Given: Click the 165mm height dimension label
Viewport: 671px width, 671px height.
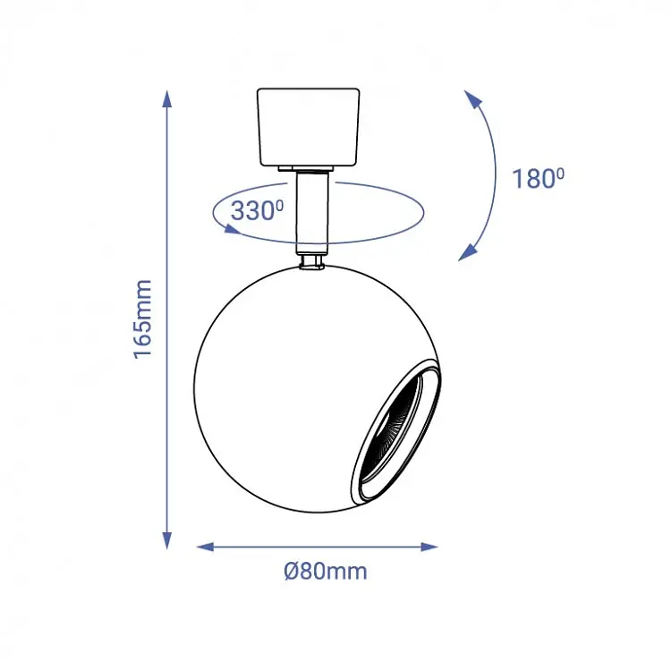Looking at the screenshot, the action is (142, 319).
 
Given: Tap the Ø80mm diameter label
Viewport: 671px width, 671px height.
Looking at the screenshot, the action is (326, 572).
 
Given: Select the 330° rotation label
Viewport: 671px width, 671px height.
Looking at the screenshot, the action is (257, 210).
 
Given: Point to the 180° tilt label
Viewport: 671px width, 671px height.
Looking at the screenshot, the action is (539, 178).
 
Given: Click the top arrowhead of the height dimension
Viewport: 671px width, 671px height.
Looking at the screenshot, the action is (167, 99).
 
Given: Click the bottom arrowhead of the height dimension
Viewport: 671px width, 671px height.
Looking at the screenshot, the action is (167, 540).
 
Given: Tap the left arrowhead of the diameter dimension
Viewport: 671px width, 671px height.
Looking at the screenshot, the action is (206, 547).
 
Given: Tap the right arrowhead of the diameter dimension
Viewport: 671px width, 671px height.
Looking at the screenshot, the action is (429, 547).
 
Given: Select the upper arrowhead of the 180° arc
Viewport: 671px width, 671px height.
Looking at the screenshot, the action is (473, 99).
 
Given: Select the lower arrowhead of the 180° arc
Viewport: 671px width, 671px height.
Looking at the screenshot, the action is (468, 252).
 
